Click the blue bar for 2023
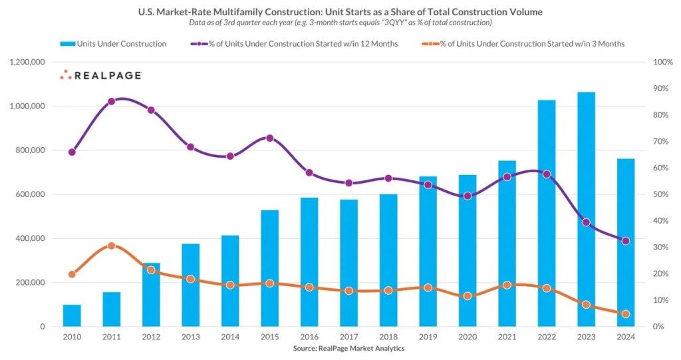click(x=586, y=210)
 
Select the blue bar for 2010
click(x=72, y=315)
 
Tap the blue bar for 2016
click(x=309, y=262)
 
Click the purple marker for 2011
click(x=111, y=101)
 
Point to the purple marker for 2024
click(x=625, y=241)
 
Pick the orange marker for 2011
click(x=111, y=246)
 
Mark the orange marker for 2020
click(x=468, y=295)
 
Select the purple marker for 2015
click(x=269, y=138)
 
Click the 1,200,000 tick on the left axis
click(x=27, y=62)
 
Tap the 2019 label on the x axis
click(x=428, y=337)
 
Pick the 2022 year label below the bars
click(x=546, y=337)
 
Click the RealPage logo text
click(x=106, y=76)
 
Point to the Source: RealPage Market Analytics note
click(x=348, y=348)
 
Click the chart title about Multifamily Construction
click(x=340, y=11)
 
